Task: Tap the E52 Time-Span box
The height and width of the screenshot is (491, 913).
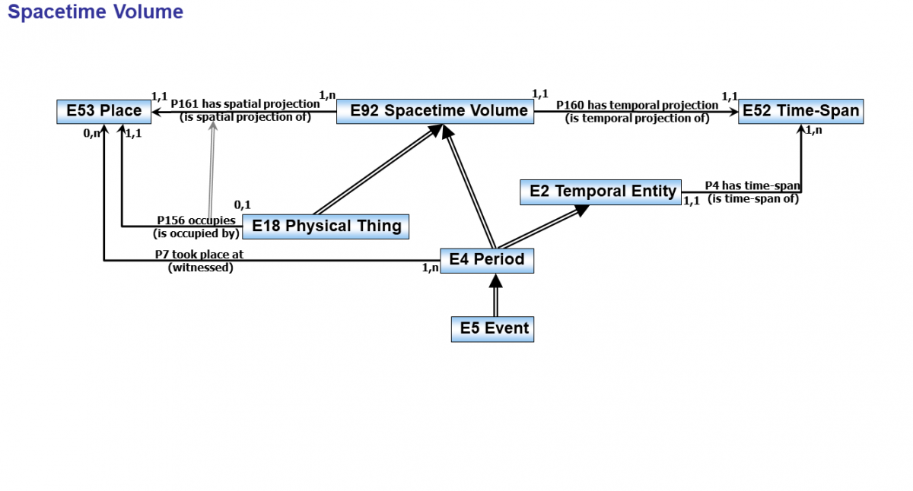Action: coord(800,111)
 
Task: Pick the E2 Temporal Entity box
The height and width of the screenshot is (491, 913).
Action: coord(600,192)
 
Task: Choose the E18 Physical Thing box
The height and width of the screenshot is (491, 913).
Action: coord(326,226)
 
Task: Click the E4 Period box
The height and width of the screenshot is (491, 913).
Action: coord(487,260)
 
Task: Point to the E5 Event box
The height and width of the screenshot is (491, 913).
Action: coord(492,329)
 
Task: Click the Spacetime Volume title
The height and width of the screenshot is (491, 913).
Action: coord(95,12)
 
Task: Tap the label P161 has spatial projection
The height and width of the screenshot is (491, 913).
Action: coord(245,104)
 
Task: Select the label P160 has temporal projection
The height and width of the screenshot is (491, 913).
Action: coord(637,106)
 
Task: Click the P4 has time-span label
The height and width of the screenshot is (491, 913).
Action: coord(752,186)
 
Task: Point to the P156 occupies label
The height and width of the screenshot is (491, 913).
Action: coord(196,221)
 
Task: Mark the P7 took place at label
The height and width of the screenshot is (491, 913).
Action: coord(199,255)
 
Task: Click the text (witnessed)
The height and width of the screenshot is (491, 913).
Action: coord(200,268)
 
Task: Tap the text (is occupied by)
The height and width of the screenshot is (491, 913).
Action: coord(196,233)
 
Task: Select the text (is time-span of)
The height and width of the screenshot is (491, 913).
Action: coord(752,199)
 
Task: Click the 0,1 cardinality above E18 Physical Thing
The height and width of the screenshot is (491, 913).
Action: coord(242,205)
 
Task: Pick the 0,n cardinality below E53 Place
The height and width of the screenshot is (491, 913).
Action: coord(92,134)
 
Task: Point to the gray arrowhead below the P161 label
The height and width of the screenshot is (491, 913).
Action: coord(213,126)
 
